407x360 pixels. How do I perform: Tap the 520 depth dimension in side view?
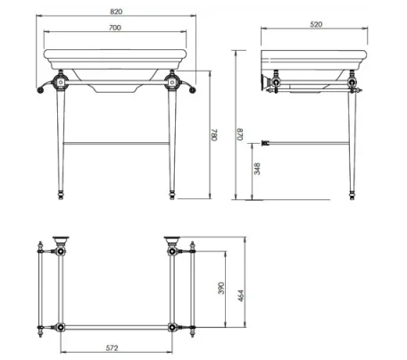315,26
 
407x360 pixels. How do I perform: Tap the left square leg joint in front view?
62,86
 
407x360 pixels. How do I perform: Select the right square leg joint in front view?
172,86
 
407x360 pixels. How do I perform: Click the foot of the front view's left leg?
62,194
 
